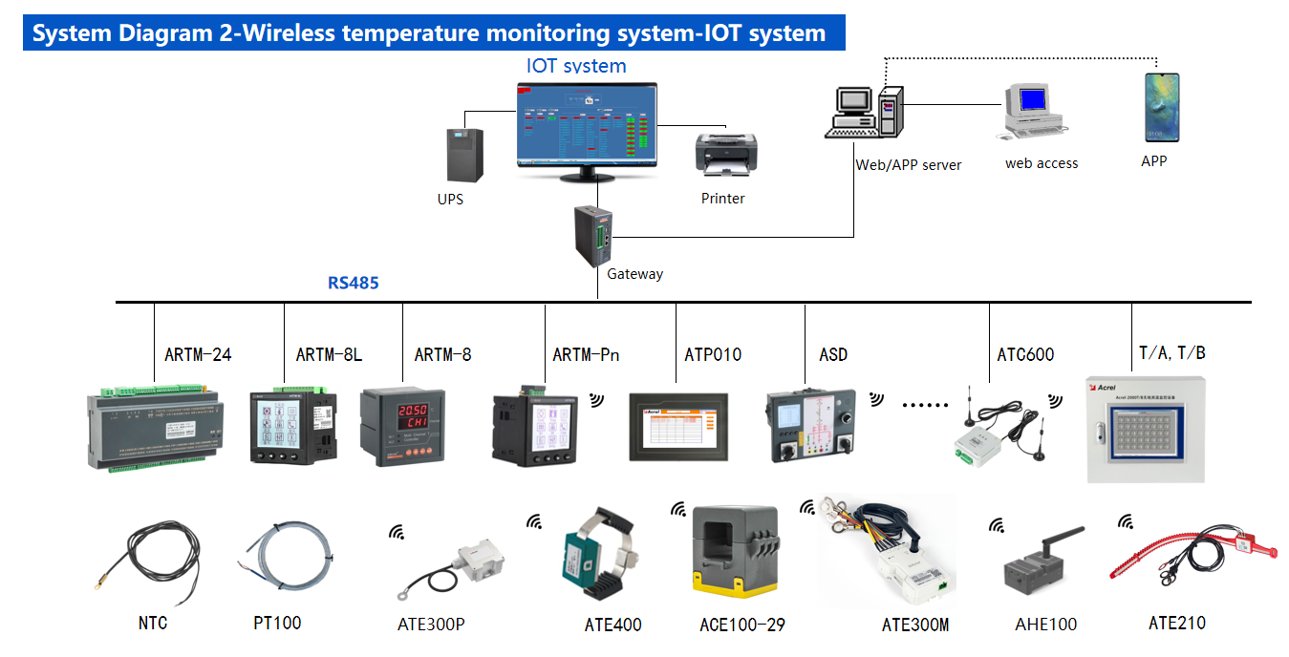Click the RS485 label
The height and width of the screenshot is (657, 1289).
[353, 283]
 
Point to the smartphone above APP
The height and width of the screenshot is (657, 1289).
[1161, 110]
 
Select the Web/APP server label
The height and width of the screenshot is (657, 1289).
[908, 165]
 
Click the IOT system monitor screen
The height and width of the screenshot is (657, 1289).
[586, 123]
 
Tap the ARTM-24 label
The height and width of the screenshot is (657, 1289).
[198, 355]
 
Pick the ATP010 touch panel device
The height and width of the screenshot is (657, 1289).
[679, 426]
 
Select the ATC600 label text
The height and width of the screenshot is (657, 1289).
[1025, 355]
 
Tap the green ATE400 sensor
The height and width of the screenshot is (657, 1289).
[583, 559]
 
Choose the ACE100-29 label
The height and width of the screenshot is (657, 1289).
[741, 625]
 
